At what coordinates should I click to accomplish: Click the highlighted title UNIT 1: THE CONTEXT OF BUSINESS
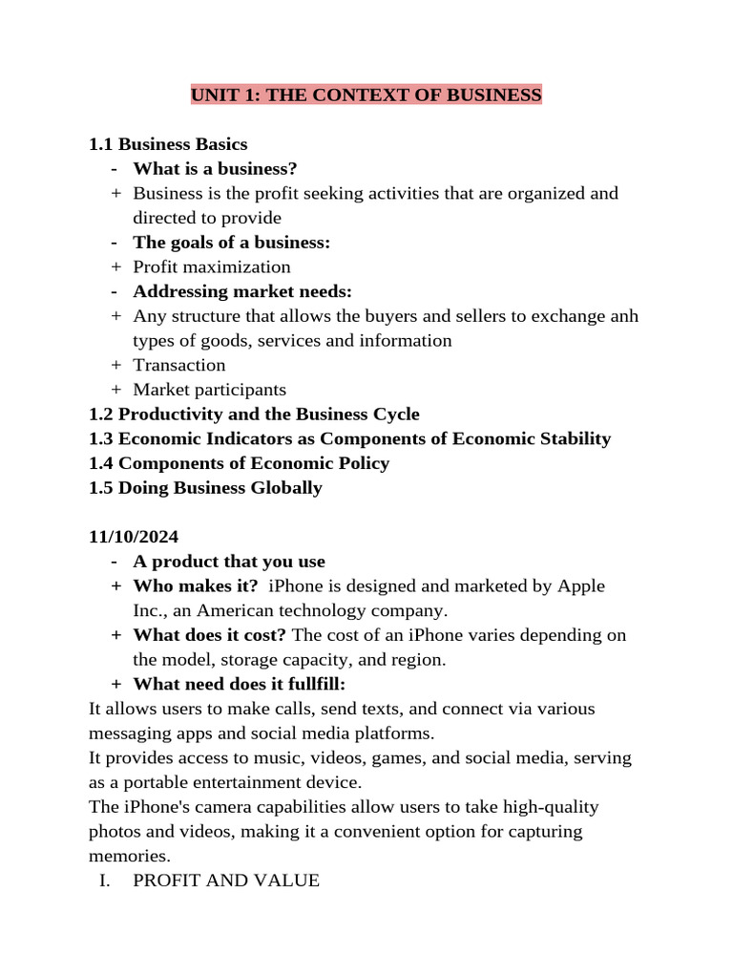[366, 95]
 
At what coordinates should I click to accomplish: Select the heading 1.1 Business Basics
[168, 144]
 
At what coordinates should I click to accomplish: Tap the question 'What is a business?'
[216, 169]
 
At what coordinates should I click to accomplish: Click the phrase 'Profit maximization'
[212, 266]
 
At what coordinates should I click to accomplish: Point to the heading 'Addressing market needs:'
[242, 291]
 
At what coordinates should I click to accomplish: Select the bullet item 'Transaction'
[179, 365]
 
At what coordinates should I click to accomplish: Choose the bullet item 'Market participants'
[209, 390]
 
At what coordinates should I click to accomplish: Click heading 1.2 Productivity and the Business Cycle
[254, 415]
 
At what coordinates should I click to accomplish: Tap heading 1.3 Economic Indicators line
[349, 438]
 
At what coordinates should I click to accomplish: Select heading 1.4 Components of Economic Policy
[239, 463]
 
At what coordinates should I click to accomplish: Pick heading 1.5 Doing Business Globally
[205, 488]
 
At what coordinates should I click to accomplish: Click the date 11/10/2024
[134, 537]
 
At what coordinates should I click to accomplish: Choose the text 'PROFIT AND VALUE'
[226, 881]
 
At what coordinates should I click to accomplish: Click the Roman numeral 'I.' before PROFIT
[106, 881]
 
